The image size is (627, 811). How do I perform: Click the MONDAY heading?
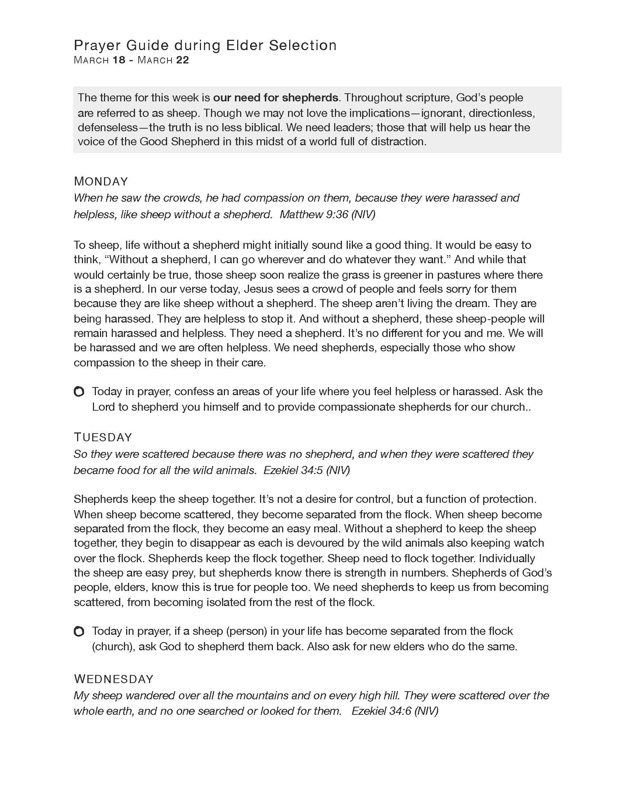pos(101,181)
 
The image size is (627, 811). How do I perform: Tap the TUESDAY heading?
pos(103,437)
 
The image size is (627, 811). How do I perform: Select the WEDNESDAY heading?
pos(114,679)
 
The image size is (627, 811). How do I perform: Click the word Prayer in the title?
pos(97,45)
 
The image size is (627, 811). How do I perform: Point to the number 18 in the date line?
pos(119,60)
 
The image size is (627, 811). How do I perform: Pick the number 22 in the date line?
pos(182,60)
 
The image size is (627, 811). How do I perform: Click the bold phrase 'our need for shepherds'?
pos(276,98)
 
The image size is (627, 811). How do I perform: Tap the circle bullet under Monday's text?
pos(79,391)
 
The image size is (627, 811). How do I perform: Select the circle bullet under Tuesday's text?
pos(79,631)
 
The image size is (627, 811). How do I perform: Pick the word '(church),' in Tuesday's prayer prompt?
pos(113,647)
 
